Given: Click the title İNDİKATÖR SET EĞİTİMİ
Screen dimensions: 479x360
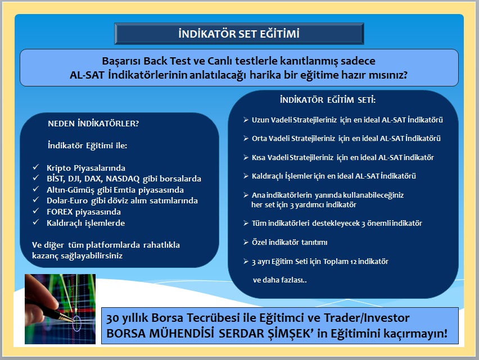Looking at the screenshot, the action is pyautogui.click(x=239, y=34).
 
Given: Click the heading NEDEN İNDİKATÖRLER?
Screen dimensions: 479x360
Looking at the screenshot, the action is pyautogui.click(x=93, y=124).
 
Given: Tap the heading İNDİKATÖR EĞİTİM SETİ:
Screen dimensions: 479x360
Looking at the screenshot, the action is pyautogui.click(x=328, y=100).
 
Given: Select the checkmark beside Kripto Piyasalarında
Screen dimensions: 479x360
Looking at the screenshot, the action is pyautogui.click(x=36, y=167).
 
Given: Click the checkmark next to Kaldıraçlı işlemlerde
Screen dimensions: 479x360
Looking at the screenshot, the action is pyautogui.click(x=36, y=222).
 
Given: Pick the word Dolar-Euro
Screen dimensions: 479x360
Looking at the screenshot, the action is pyautogui.click(x=67, y=200).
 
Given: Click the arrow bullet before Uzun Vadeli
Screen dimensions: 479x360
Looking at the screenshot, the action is pyautogui.click(x=246, y=120).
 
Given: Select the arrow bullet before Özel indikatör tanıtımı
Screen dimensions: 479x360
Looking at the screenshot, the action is pyautogui.click(x=246, y=242).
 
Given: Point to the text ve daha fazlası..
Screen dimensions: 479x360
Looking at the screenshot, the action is pyautogui.click(x=279, y=280).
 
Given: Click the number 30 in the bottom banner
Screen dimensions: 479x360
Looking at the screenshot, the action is pyautogui.click(x=112, y=318).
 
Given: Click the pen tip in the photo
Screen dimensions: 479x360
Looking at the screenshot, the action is pyautogui.click(x=73, y=320).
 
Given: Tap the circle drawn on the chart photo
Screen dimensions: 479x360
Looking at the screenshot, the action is pyautogui.click(x=76, y=323).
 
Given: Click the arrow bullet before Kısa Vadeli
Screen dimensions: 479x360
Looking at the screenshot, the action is pyautogui.click(x=246, y=157).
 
